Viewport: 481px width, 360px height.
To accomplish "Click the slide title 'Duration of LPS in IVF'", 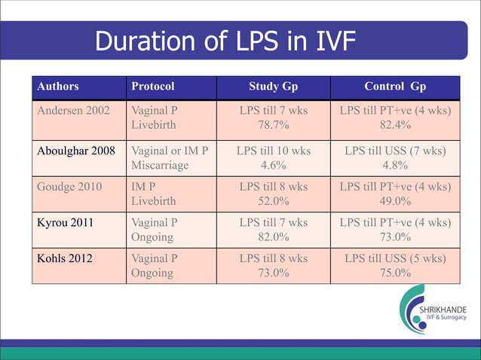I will coord(225,42).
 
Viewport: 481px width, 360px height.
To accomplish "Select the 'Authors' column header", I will coord(58,86).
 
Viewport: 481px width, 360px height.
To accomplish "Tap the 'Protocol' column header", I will coord(153,86).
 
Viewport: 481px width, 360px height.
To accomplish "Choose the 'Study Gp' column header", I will coord(273,86).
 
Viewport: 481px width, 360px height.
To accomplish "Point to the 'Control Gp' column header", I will coord(396,86).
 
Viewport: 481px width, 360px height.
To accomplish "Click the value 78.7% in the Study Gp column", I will coord(273,124).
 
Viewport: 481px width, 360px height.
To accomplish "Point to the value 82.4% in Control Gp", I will coord(396,124).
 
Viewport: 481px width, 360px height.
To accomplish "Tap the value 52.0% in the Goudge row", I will coord(273,200).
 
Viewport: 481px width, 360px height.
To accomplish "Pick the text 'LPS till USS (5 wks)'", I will coord(396,259).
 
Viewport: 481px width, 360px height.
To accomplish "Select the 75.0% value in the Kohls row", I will coord(396,273).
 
